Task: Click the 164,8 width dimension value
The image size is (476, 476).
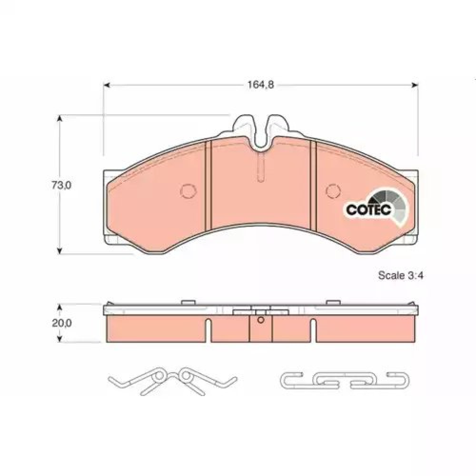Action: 261,85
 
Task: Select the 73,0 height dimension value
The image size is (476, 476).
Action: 61,185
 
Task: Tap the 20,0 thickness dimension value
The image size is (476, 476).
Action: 61,323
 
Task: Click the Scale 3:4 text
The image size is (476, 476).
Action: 400,275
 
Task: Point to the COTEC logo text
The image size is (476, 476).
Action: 369,209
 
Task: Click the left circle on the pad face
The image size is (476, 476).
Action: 188,191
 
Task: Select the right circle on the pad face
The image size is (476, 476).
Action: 333,191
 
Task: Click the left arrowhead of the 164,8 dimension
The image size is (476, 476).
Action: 106,85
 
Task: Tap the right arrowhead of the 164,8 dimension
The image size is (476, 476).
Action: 415,85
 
